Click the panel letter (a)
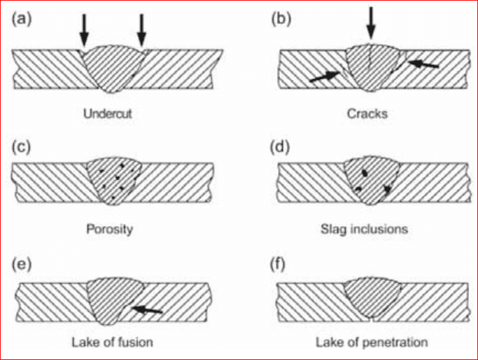pos(22,19)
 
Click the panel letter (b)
pos(281,19)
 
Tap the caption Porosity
pos(111,228)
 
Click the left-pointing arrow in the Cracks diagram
pos(423,65)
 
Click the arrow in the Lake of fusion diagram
pos(148,309)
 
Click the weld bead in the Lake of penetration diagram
pos(372,297)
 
